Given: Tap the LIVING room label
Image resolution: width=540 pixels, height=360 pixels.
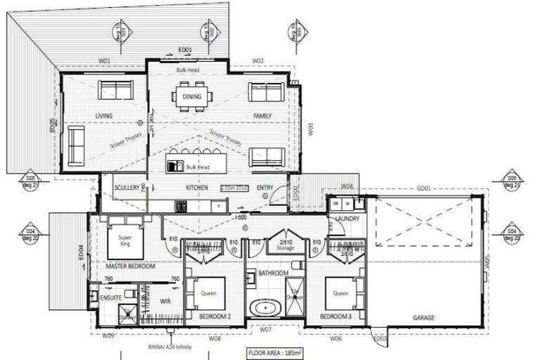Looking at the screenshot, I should point(104,116).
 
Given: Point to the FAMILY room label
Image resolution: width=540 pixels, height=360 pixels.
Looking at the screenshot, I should point(262,116).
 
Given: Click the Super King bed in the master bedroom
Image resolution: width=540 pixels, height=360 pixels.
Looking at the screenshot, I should point(126,240).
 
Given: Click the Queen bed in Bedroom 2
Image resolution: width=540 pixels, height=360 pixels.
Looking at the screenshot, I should point(207,294).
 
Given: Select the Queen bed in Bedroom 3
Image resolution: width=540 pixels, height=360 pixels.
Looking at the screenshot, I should point(340,294).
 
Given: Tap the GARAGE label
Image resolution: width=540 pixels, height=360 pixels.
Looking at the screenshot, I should point(423,318).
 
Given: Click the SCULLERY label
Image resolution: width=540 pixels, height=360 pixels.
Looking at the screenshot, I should point(127,188).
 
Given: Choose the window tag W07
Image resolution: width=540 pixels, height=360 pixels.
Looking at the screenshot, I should point(265,329).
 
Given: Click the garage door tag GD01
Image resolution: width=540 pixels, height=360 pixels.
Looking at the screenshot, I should point(423,188).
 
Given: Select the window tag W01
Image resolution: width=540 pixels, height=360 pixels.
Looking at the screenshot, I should point(104,61).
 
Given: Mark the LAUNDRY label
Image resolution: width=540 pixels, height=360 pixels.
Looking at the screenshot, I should point(347,219).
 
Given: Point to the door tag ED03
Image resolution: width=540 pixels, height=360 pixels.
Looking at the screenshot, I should point(380,339).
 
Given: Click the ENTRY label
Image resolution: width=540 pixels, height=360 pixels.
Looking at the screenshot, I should point(265,188).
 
